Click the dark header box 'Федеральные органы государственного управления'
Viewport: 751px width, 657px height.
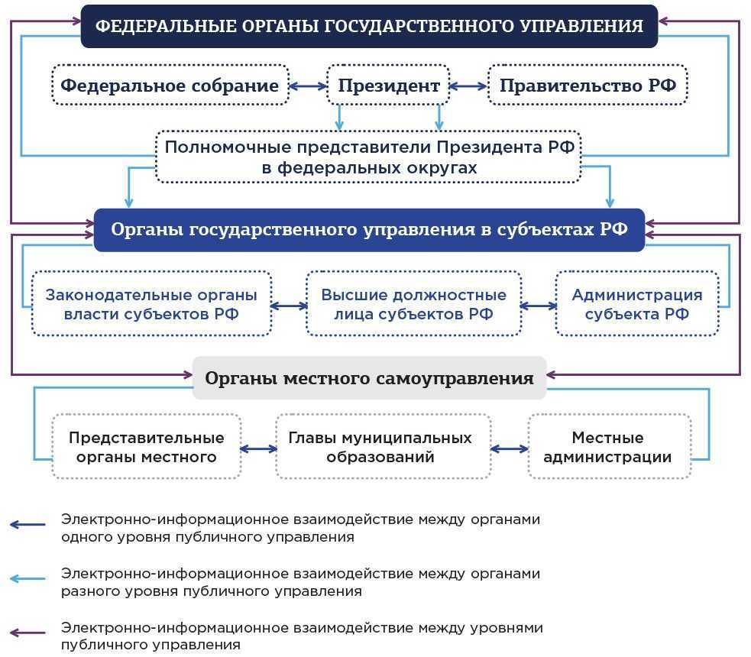(369, 26)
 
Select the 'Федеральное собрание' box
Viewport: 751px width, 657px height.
(170, 85)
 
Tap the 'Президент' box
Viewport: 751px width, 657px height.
(388, 85)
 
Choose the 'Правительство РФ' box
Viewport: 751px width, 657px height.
(588, 85)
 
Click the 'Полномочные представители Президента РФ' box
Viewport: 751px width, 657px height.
(368, 157)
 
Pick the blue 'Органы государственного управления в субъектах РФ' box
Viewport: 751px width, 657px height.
(369, 229)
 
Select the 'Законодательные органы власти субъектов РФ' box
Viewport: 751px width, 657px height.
(151, 303)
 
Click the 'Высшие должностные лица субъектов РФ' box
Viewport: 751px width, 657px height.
(413, 303)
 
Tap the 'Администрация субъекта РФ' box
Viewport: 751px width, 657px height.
(636, 303)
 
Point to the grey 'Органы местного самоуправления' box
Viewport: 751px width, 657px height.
(369, 377)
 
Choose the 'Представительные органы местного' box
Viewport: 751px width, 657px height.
(146, 447)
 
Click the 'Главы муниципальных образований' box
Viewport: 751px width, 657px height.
(383, 447)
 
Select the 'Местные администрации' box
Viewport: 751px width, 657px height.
(609, 447)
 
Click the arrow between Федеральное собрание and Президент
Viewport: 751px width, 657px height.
(308, 86)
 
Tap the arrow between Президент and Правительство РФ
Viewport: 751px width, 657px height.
(468, 86)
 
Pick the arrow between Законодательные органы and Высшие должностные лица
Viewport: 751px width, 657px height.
(289, 306)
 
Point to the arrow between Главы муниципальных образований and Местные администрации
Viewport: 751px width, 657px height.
(509, 449)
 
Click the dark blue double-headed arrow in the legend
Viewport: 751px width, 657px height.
(28, 525)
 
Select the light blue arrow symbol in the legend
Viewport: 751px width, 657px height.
(28, 579)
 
